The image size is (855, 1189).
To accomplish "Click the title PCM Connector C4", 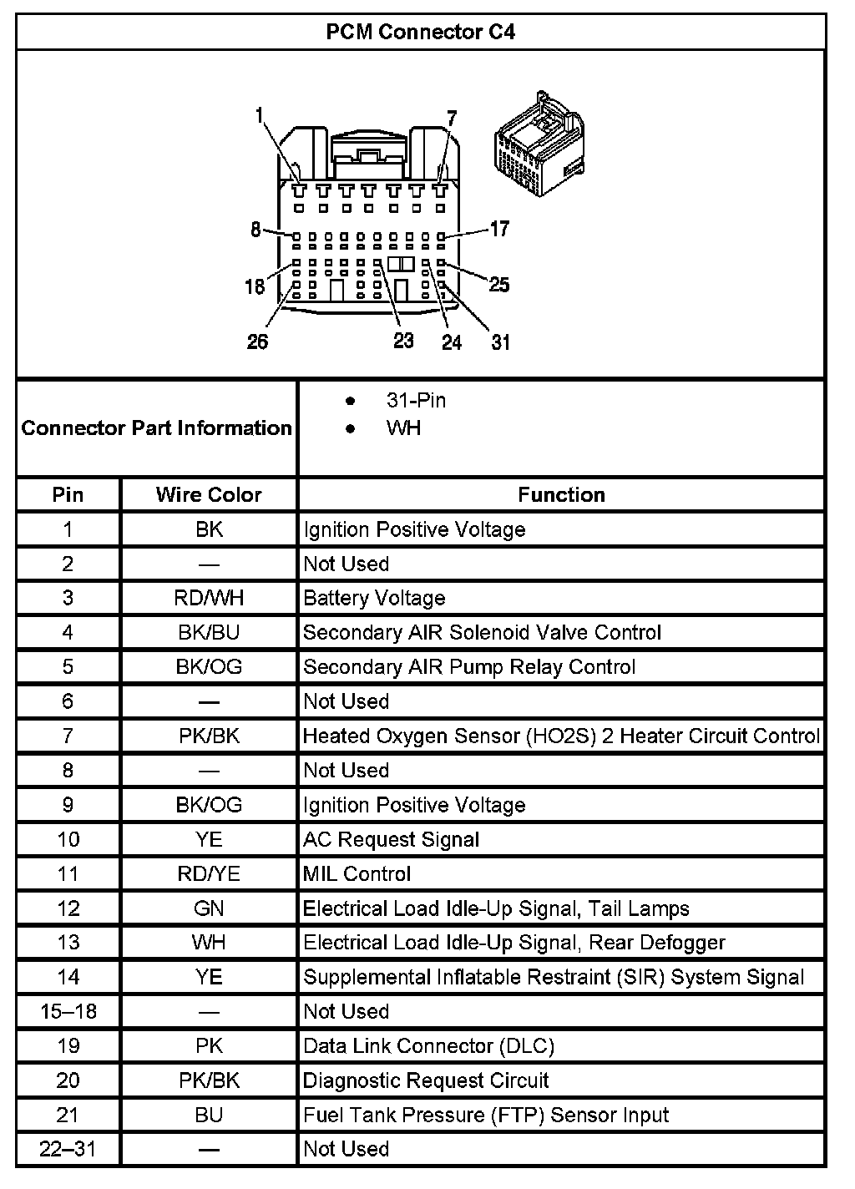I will [420, 32].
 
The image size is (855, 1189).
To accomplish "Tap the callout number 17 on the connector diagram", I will [498, 228].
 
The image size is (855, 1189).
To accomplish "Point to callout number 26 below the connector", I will [257, 342].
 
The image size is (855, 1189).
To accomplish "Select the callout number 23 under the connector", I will [403, 341].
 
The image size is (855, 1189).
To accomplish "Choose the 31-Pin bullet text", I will [416, 401].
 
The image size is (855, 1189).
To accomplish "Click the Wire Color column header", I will [209, 494].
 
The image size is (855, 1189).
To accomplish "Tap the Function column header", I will [561, 494].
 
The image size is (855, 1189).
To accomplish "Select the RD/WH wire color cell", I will [209, 598].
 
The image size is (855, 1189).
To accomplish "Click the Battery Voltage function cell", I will [374, 598].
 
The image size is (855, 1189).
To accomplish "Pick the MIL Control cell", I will [357, 874].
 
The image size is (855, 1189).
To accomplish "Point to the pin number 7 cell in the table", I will [68, 736].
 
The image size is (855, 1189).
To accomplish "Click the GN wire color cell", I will [209, 908].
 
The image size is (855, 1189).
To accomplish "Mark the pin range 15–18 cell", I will [68, 1012].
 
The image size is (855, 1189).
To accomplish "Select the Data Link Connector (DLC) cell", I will [428, 1046].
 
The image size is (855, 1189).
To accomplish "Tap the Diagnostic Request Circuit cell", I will [426, 1080].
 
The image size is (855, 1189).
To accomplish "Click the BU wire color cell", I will [209, 1115].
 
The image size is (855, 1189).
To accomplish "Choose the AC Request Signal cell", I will [391, 839].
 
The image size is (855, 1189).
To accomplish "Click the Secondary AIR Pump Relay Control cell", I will [469, 667].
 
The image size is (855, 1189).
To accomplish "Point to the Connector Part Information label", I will [156, 428].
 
